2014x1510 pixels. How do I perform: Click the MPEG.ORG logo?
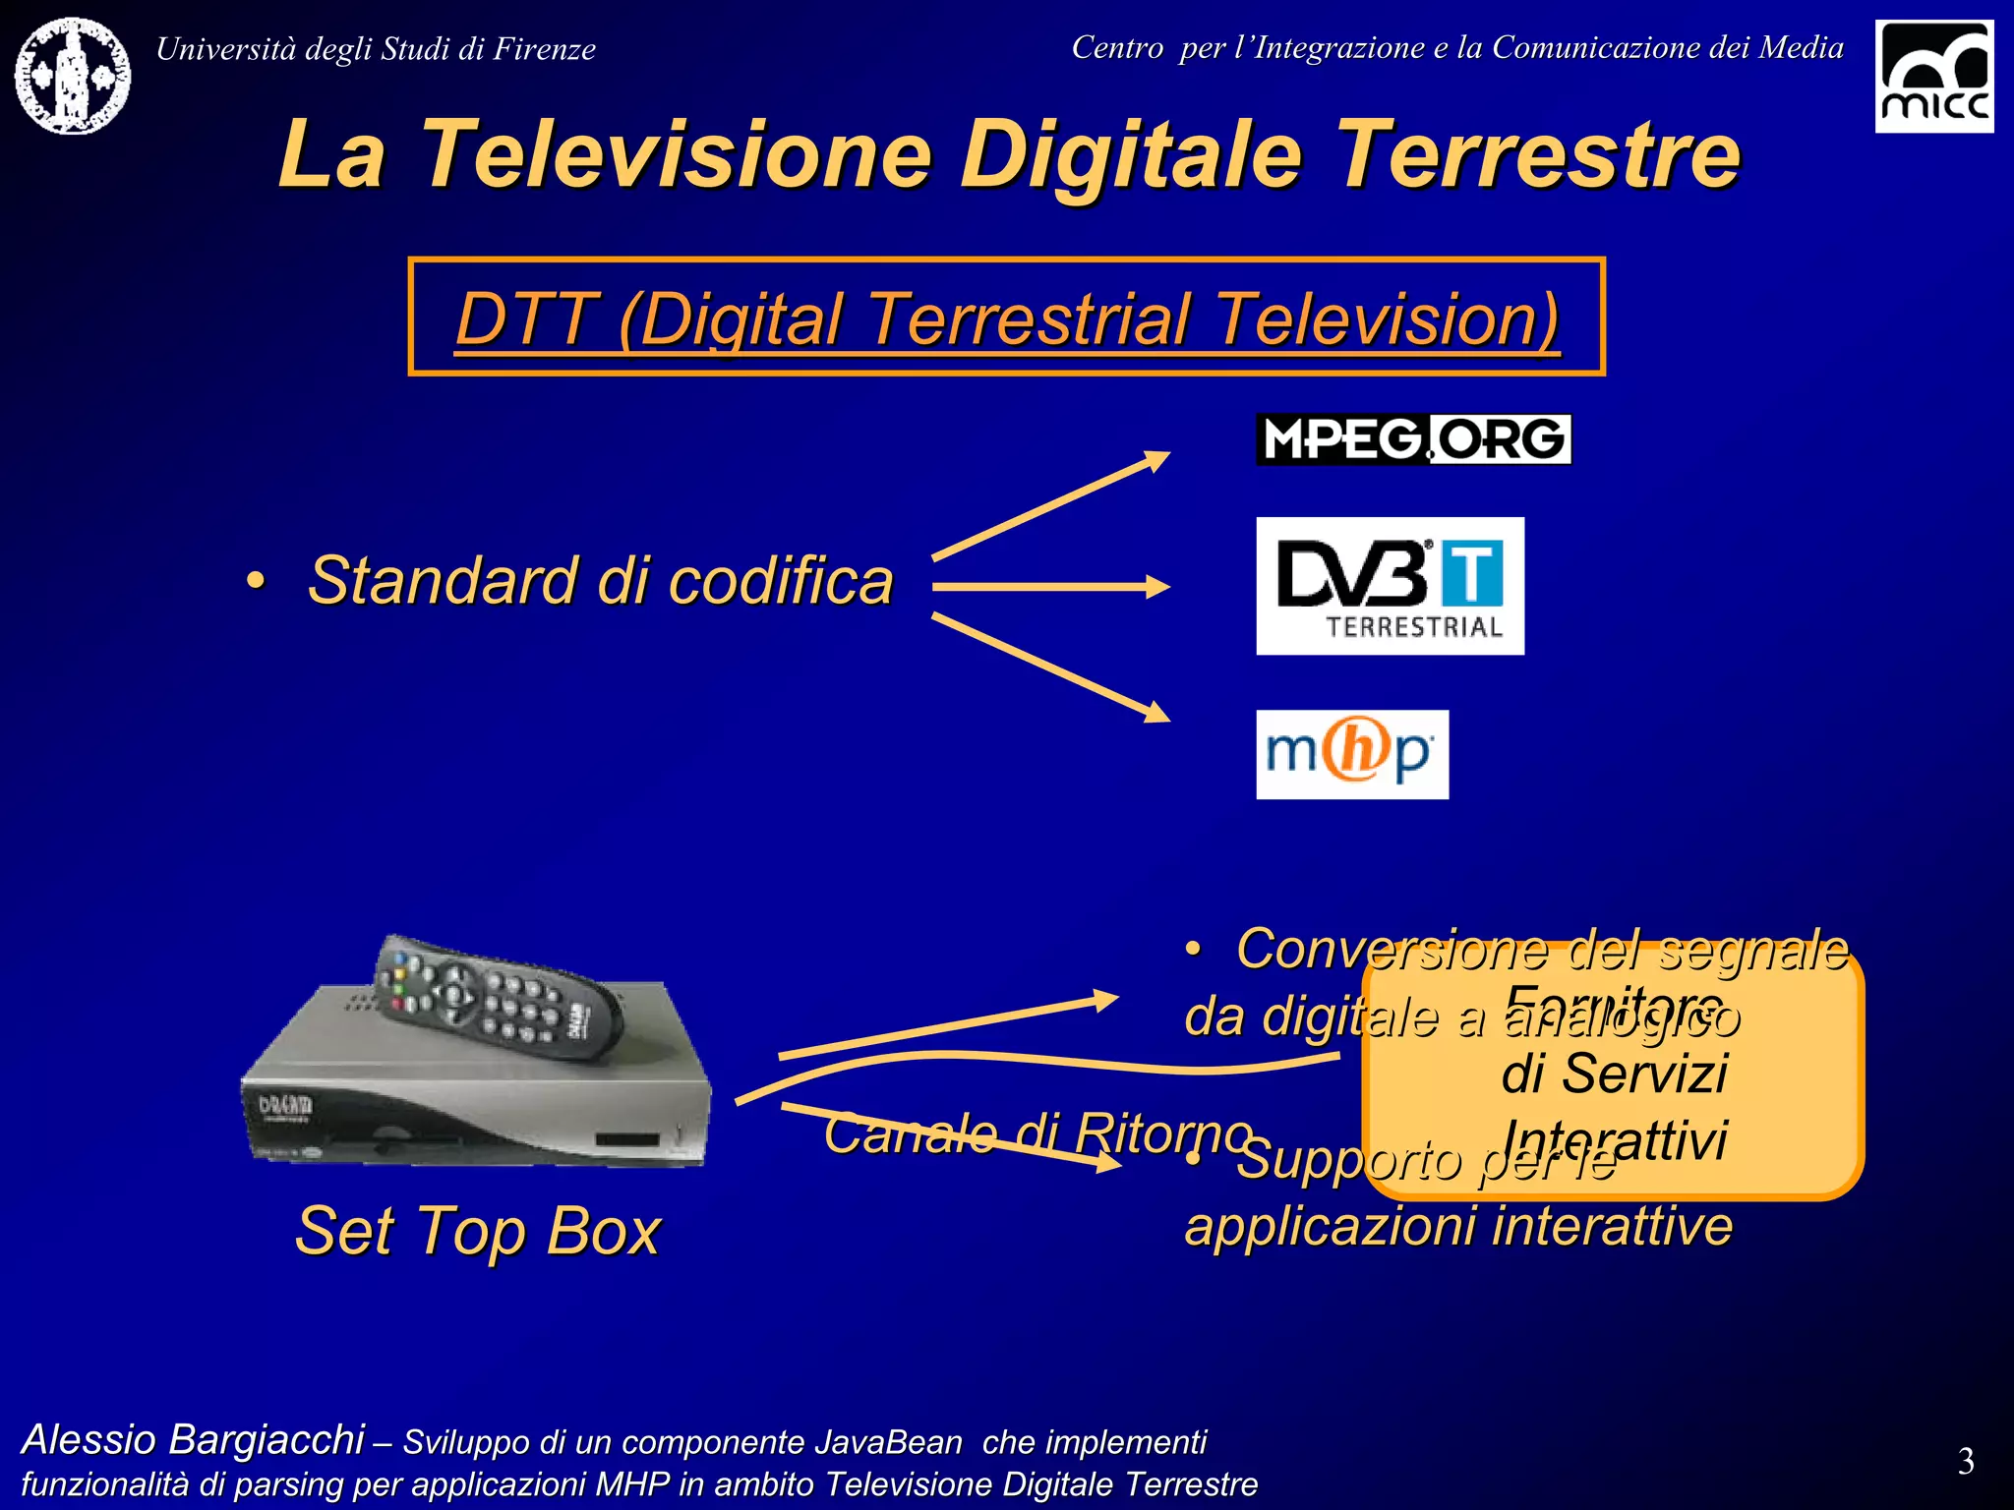1413,439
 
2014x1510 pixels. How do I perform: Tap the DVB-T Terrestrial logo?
1390,586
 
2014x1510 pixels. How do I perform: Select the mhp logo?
1352,754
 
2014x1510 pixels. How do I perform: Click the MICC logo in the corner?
1933,77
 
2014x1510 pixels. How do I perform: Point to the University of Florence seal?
73,76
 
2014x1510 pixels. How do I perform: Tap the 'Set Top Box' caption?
478,1231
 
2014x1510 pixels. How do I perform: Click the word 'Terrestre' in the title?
1538,154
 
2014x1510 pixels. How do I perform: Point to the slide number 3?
1965,1462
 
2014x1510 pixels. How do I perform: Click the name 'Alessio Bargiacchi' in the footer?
193,1439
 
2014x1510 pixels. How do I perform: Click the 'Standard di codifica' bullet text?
600,581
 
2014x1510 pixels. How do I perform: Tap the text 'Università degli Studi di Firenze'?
376,49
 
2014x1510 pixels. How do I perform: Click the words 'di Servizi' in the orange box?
1614,1074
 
